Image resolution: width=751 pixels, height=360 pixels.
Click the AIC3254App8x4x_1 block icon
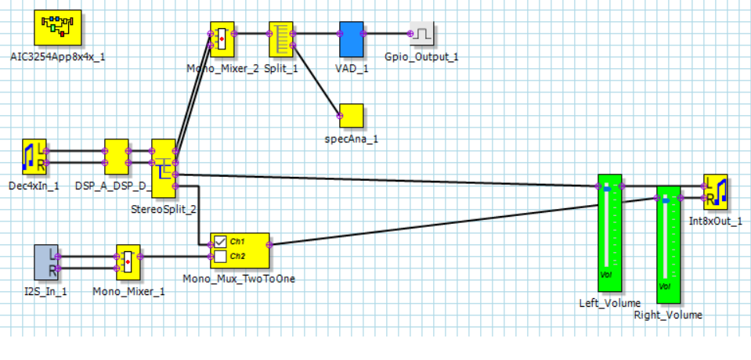point(61,29)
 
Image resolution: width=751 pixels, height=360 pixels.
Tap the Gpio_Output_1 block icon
point(424,34)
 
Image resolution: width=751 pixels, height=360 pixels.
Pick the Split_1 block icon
point(281,39)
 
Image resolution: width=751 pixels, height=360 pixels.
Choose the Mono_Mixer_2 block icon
point(223,38)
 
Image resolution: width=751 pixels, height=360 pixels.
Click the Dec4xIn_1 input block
point(34,157)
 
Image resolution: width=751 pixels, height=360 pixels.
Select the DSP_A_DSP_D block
point(117,157)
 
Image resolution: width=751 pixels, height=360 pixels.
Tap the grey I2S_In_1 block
point(47,261)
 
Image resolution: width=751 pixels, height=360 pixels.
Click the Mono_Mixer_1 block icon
point(128,261)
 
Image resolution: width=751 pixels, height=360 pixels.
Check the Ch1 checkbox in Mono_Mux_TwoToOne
point(221,241)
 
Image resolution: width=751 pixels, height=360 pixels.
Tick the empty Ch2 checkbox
point(221,257)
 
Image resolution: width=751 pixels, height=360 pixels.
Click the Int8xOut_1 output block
point(716,193)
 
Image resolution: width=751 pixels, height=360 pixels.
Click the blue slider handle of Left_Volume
point(608,189)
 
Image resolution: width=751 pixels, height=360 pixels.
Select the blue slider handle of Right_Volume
point(666,200)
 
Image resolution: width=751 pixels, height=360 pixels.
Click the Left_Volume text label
point(609,303)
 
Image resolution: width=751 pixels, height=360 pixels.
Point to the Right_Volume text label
point(668,315)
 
